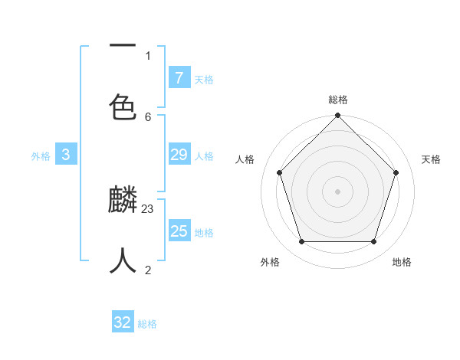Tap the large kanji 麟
[x=123, y=200]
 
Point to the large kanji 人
[x=123, y=261]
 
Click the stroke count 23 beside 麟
[x=148, y=208]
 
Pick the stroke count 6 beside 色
[x=148, y=116]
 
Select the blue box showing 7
[x=179, y=78]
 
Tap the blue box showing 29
[x=179, y=155]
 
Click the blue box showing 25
[x=179, y=231]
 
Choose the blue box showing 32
[x=123, y=322]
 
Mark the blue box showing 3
[x=66, y=155]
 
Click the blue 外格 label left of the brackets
[x=41, y=156]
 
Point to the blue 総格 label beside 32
[x=147, y=324]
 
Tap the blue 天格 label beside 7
[x=204, y=80]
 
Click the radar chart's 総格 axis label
[x=338, y=100]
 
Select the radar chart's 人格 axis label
[x=245, y=159]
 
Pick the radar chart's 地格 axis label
[x=402, y=262]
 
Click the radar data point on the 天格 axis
[x=396, y=172]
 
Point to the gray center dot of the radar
[x=338, y=191]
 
